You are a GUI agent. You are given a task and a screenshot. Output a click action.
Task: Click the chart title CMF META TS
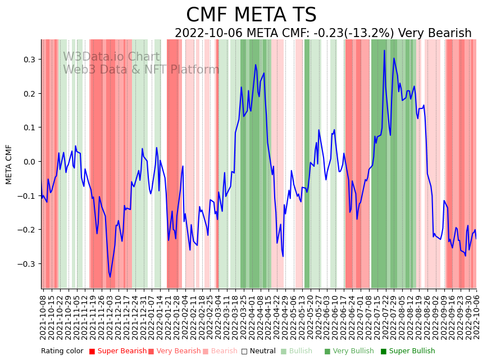coord(251,15)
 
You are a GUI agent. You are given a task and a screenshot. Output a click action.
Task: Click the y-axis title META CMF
coord(9,164)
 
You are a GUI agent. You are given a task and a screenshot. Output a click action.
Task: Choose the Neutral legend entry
coord(263,352)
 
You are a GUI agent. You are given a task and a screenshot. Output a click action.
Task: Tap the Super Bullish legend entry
coord(407,352)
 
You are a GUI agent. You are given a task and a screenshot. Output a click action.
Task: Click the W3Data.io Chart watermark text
coord(111,57)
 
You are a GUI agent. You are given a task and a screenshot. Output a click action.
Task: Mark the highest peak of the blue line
coord(384,51)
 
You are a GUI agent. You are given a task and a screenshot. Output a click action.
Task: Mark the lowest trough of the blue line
coord(110,277)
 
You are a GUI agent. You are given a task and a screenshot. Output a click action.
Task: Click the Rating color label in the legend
coord(62,352)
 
